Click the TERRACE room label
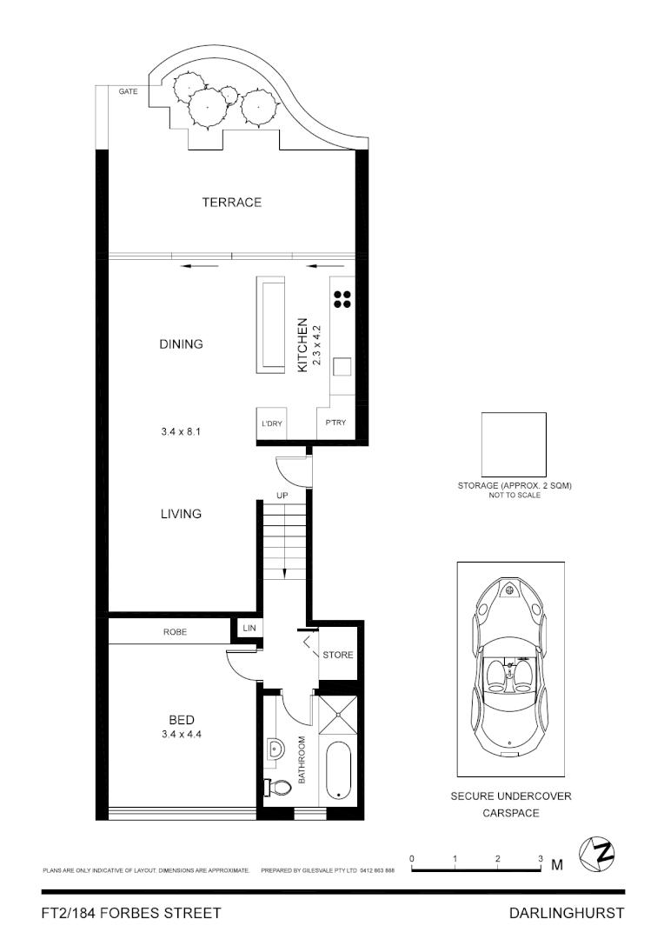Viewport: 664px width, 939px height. pos(231,203)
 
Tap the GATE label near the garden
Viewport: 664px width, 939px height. pos(128,91)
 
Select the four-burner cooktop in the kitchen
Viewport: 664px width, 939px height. pos(342,299)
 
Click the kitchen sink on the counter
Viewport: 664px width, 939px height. pos(341,367)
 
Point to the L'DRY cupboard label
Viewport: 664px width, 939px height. pos(272,424)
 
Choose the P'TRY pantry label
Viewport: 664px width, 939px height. pos(335,423)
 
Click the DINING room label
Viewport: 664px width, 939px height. pos(181,344)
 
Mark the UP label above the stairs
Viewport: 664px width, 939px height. pos(282,495)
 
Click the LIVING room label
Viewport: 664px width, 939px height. pos(181,514)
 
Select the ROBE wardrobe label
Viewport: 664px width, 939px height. pos(175,632)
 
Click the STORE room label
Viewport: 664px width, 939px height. pos(338,655)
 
